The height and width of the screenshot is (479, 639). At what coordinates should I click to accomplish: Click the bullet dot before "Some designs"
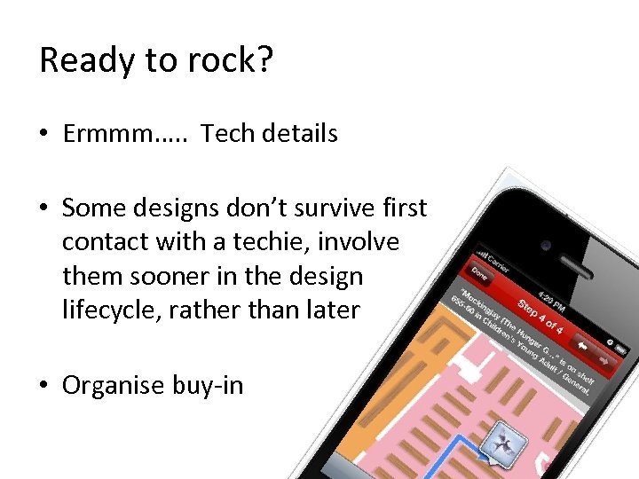click(x=43, y=209)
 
